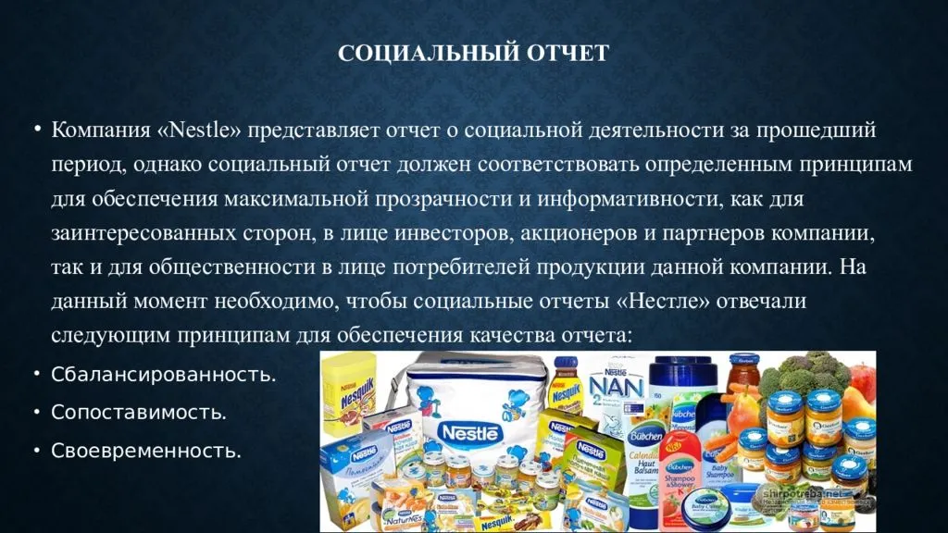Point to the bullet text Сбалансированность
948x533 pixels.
coord(164,375)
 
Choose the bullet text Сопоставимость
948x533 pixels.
coord(139,413)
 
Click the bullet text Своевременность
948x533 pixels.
coord(146,451)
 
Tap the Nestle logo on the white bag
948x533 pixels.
coord(470,431)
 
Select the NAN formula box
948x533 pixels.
coord(630,389)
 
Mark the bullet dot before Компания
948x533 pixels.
coord(37,130)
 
